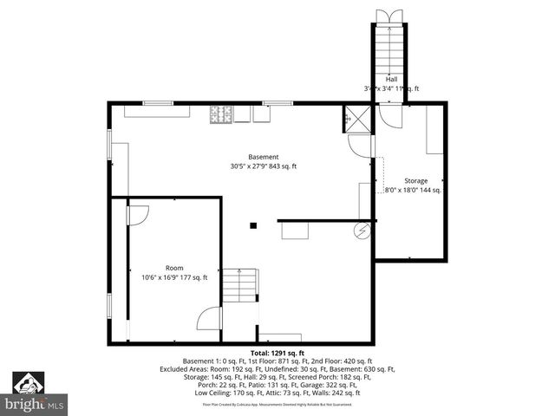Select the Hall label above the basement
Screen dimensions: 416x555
click(x=392, y=79)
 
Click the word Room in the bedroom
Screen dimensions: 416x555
click(x=174, y=268)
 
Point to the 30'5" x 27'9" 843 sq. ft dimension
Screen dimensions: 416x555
click(x=264, y=166)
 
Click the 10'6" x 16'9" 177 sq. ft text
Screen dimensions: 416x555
click(x=175, y=277)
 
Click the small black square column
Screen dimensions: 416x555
click(x=253, y=225)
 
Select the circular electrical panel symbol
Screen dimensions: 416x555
click(x=362, y=231)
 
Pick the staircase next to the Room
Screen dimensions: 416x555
click(x=239, y=285)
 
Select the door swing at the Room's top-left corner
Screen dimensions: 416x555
click(x=138, y=214)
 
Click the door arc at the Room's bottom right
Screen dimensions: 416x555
click(x=210, y=318)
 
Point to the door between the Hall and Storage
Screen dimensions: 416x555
click(x=392, y=117)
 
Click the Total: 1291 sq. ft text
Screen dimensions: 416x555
click(x=277, y=354)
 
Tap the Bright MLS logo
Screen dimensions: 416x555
click(x=35, y=393)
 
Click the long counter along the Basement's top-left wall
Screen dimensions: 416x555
click(x=158, y=111)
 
